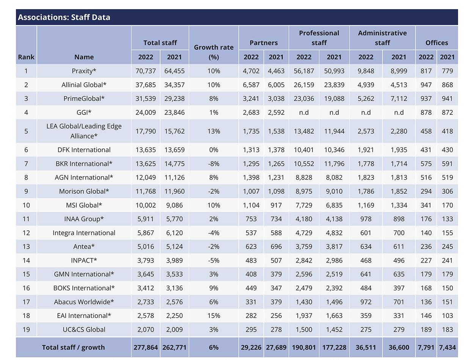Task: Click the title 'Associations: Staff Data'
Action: (64, 17)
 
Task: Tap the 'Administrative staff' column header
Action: (382, 38)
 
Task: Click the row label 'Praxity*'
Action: (84, 71)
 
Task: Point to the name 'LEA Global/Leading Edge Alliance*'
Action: (84, 131)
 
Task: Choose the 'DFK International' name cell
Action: (84, 150)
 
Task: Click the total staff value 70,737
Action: (146, 71)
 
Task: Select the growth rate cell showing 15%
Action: (214, 316)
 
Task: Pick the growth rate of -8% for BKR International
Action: (214, 164)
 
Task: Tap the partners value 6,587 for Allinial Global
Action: (251, 85)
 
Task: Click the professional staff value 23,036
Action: (304, 99)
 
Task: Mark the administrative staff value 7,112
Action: (399, 99)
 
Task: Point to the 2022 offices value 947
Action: (426, 85)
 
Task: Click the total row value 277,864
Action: (146, 347)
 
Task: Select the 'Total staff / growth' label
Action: (73, 347)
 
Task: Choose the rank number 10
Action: (26, 205)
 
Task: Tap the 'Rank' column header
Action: (26, 57)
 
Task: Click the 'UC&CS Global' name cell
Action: (84, 329)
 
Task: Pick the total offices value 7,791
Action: (426, 347)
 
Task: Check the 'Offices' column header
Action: (436, 43)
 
